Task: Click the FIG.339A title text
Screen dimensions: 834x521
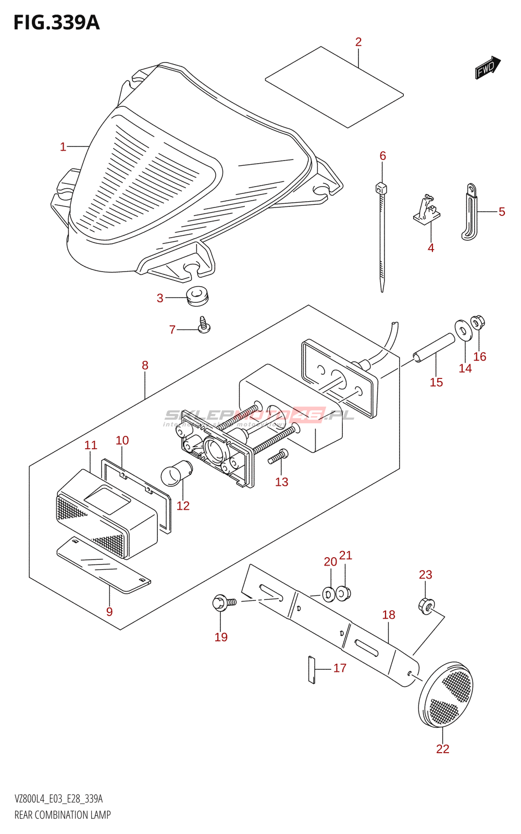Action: pos(56,22)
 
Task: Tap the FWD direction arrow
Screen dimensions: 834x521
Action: pos(487,67)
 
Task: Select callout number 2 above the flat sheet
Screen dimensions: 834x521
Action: pos(358,42)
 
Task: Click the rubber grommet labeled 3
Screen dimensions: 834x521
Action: pos(197,296)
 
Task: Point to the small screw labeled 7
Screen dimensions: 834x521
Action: pos(203,325)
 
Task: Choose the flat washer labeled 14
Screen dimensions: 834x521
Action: pos(462,330)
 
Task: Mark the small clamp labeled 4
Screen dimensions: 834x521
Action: pos(428,211)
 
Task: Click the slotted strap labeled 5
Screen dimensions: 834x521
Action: pos(470,212)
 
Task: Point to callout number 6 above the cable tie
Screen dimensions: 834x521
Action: pos(383,156)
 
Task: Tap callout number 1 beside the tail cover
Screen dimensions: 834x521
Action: pos(63,147)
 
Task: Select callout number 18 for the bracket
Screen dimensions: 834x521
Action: pos(389,615)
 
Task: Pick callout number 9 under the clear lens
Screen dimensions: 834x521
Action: pos(109,612)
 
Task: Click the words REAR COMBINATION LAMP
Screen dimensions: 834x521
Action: pos(63,815)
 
